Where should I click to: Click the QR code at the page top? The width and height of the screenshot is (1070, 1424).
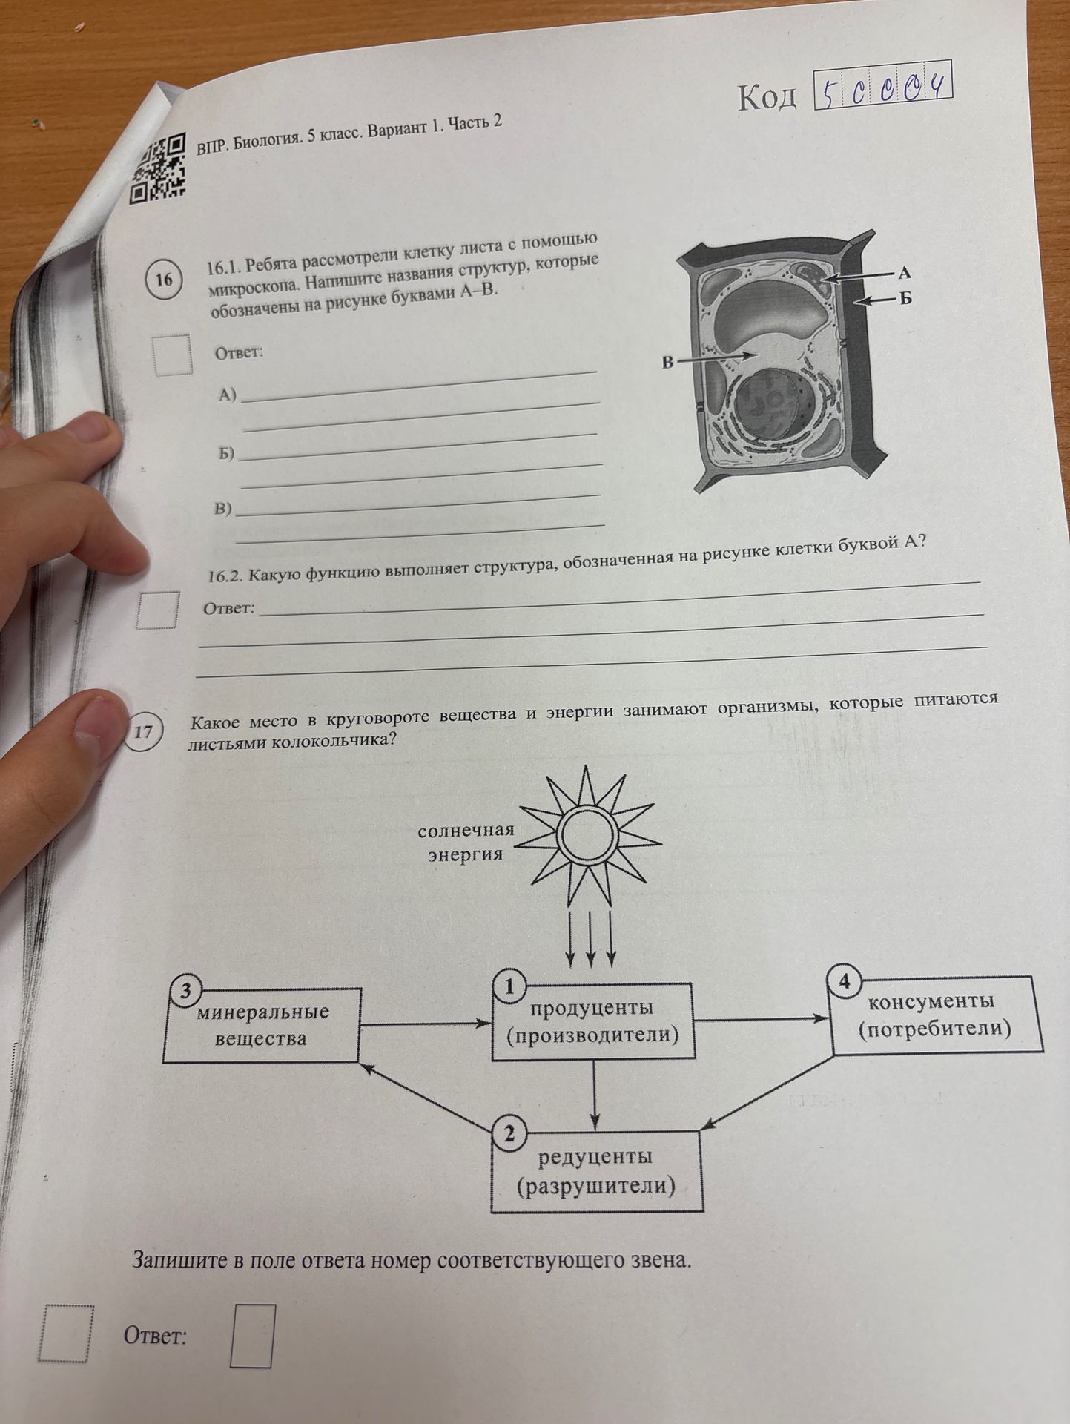coord(157,168)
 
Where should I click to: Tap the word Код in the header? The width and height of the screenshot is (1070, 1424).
coord(767,97)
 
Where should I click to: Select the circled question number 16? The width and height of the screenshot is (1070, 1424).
coord(164,280)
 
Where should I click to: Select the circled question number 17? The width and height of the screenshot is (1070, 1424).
coord(142,732)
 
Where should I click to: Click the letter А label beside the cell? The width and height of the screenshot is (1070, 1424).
coord(904,273)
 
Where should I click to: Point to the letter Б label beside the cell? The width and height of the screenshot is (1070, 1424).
coord(905,298)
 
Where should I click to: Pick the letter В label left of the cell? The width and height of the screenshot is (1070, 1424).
coord(667,363)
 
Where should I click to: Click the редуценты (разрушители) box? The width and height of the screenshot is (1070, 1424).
coord(596,1170)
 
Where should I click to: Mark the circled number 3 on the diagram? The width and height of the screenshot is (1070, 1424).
coord(185,991)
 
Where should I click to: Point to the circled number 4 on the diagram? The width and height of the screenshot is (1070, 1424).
coord(844,982)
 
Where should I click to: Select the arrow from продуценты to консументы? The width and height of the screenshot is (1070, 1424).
coord(762,1019)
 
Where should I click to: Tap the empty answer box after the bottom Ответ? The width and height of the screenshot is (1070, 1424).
coord(252,1335)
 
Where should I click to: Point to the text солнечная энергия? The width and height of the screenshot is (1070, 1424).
coord(466,843)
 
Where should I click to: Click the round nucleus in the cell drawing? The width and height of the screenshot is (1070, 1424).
coord(772,407)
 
